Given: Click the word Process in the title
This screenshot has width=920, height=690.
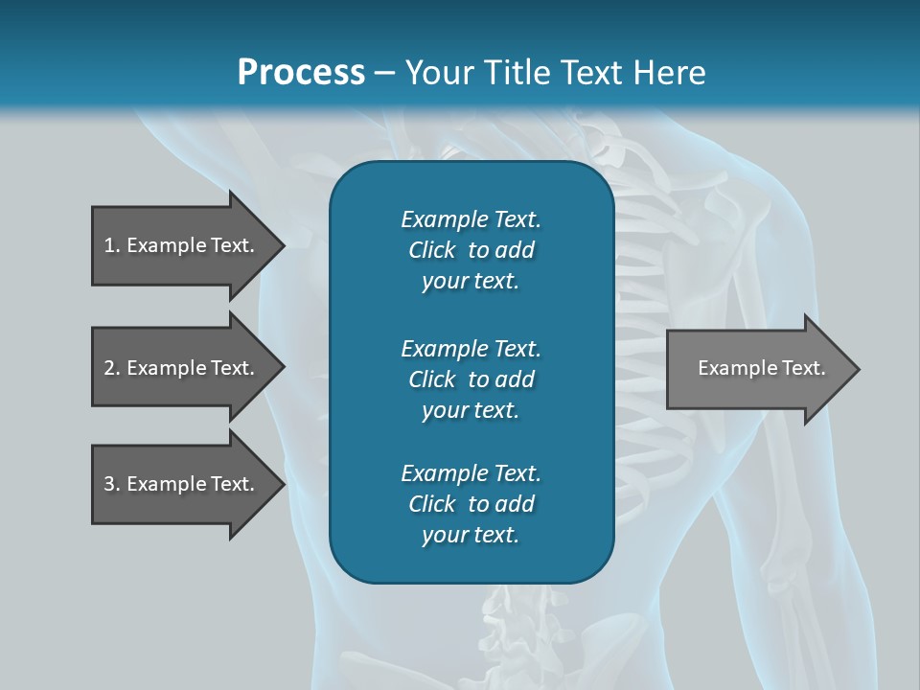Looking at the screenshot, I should (301, 72).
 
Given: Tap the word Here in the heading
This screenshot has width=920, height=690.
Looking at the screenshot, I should (671, 72).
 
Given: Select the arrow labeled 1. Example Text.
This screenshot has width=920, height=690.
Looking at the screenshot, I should (182, 245).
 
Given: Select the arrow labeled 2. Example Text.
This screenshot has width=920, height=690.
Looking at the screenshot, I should (182, 368).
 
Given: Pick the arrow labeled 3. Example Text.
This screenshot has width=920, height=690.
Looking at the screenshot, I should (182, 484).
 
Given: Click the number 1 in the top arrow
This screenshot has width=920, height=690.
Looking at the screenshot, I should (109, 245).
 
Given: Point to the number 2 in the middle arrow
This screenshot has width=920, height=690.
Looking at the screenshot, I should (109, 368).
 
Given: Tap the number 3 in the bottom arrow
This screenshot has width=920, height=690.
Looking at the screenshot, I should (109, 484).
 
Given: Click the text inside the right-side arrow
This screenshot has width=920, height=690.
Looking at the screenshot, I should (761, 368).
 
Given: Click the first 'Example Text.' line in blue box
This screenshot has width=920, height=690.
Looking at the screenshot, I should (471, 219).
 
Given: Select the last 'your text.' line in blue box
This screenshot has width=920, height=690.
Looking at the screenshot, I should (471, 535).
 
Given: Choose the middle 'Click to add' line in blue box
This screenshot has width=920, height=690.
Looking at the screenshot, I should (471, 379).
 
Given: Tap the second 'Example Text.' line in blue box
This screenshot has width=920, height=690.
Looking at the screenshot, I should (471, 348).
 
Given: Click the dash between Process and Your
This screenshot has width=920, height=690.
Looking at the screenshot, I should (384, 72).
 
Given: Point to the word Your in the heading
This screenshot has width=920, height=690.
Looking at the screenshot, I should (441, 72).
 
